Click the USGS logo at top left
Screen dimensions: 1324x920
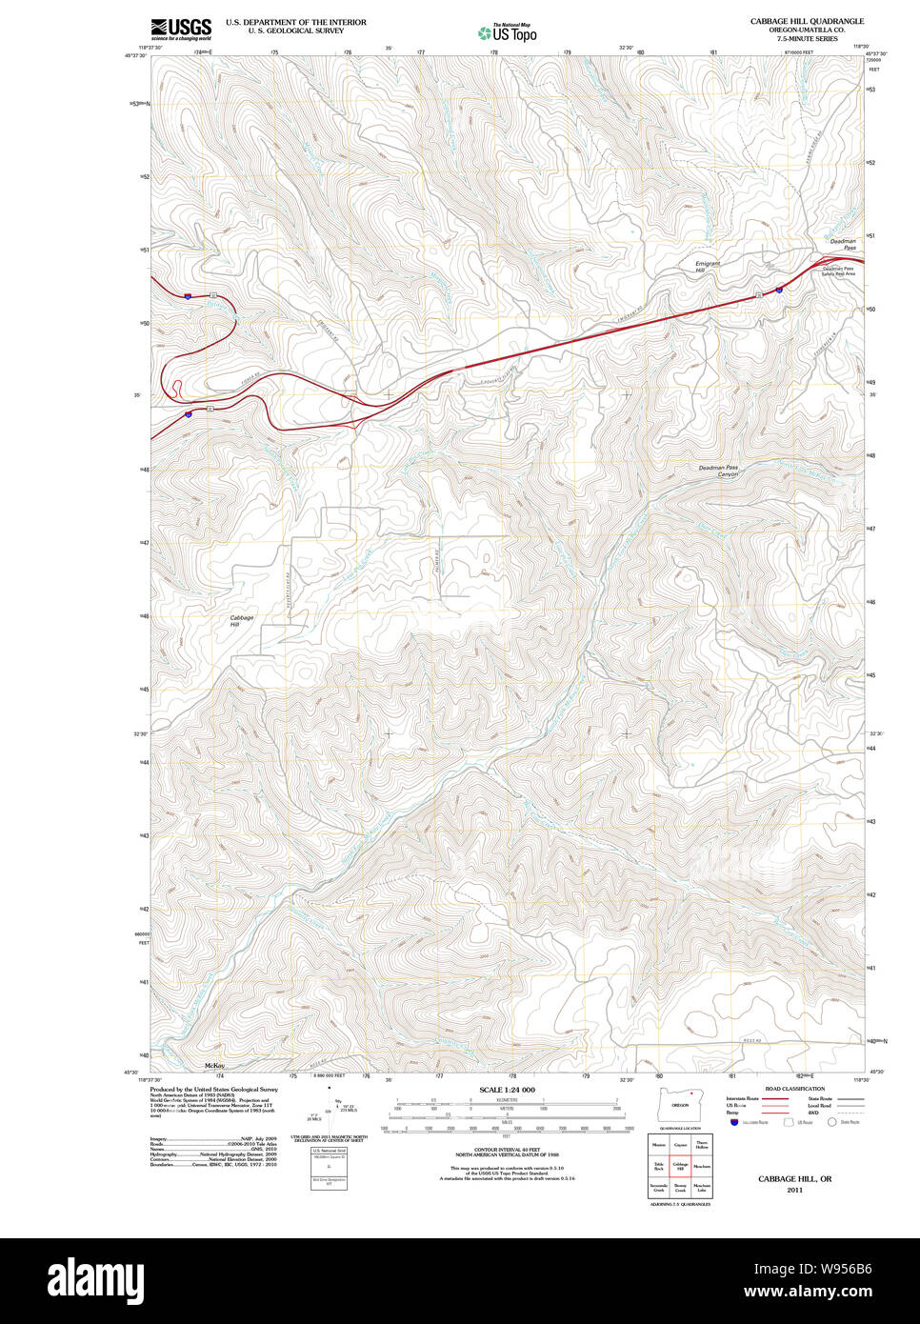(x=180, y=28)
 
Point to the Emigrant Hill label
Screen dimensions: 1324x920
(x=708, y=267)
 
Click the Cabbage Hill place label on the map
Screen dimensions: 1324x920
(x=242, y=621)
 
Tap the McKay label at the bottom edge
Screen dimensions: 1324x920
(x=214, y=1065)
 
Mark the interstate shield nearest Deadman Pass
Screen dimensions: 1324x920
(x=779, y=289)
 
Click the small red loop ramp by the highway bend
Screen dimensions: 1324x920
(x=176, y=388)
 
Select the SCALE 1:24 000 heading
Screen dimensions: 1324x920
(x=507, y=1090)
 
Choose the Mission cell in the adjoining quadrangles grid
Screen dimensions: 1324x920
(x=658, y=1144)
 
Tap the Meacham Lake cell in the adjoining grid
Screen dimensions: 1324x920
(x=702, y=1188)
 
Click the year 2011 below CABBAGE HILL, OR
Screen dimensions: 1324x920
(x=794, y=1190)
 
